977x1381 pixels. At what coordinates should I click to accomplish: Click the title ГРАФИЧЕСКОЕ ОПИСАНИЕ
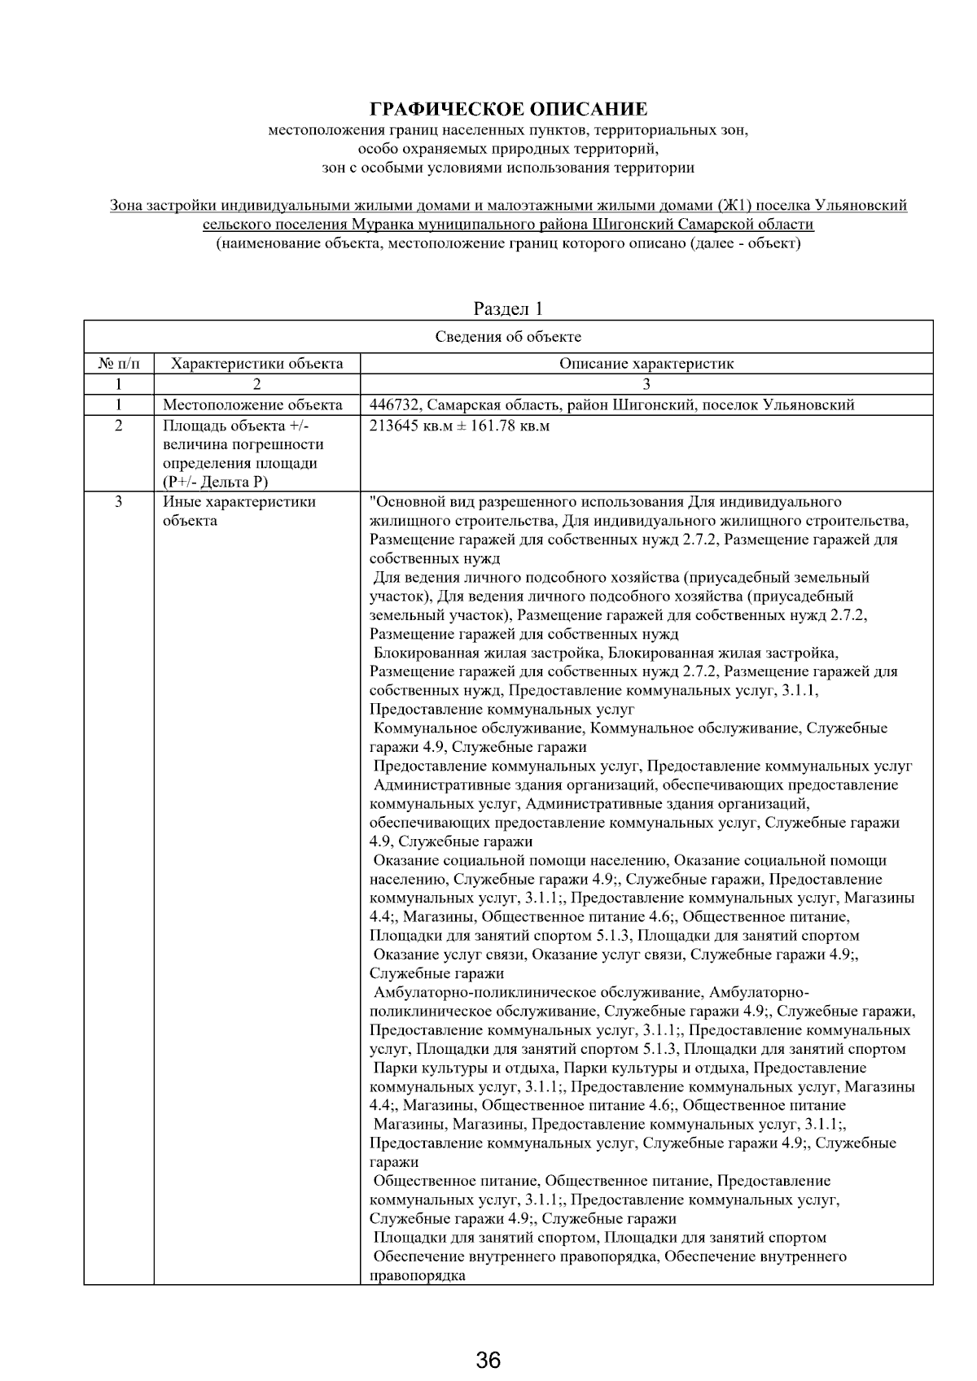point(509,109)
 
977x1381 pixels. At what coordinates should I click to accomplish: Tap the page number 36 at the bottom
point(488,1359)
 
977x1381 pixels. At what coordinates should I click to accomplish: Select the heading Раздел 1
point(508,308)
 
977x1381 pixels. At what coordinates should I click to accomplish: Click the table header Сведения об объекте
point(508,337)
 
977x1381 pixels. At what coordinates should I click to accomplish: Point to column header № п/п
point(118,364)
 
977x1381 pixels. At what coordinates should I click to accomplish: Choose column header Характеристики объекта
point(257,364)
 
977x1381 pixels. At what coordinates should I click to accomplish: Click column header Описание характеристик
point(646,364)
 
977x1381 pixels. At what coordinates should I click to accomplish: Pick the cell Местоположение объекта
point(252,405)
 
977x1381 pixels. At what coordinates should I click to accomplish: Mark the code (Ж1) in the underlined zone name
point(738,206)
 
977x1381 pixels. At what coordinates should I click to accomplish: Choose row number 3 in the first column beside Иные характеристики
point(118,502)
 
